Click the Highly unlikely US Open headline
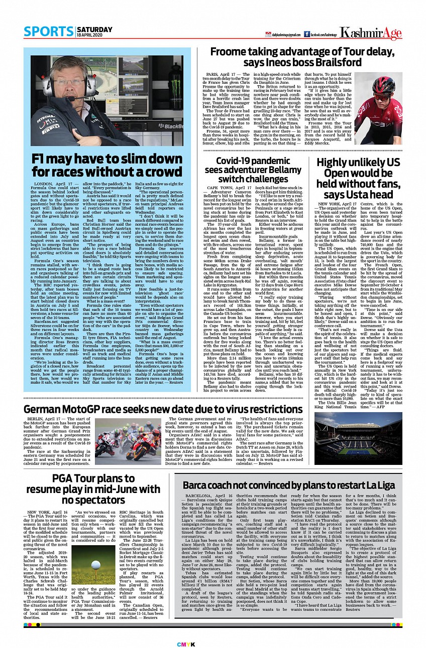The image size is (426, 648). [358, 178]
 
